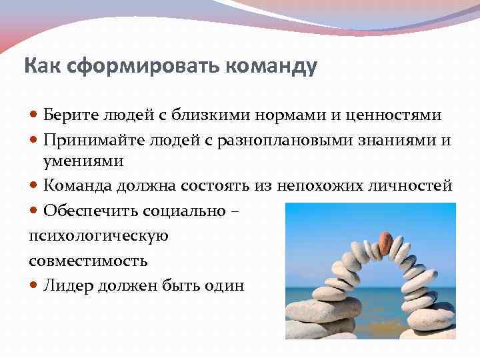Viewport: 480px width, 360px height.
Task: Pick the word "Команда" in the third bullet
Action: tap(75, 186)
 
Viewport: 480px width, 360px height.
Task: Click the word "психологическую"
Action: tap(99, 235)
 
